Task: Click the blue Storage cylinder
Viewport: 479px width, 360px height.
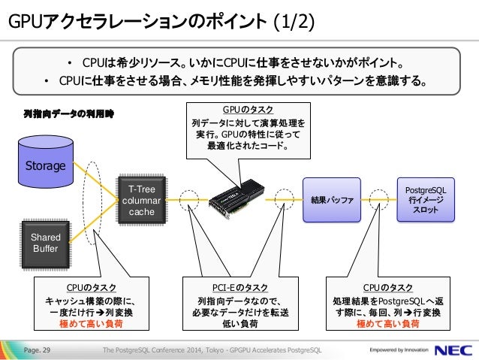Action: tap(46, 162)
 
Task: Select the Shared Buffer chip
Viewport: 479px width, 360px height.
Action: tap(46, 244)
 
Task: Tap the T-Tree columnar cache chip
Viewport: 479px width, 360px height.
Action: tap(141, 201)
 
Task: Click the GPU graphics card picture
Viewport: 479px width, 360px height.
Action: tap(236, 198)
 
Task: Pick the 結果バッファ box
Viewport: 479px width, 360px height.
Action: tap(332, 200)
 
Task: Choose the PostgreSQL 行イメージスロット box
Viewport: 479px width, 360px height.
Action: tap(426, 200)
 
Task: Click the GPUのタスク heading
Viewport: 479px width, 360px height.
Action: tap(248, 110)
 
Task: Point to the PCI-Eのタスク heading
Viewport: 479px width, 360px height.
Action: tap(240, 288)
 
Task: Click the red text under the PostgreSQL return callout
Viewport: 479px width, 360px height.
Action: tap(388, 324)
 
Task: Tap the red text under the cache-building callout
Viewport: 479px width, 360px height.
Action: tap(91, 324)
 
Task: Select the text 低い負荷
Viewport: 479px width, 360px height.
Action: tap(240, 324)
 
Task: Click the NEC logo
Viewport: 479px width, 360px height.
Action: tap(453, 350)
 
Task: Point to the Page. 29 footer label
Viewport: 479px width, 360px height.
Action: tap(37, 350)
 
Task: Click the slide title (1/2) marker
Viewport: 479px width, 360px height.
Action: tap(294, 22)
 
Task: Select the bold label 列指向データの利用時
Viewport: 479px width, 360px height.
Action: tap(69, 114)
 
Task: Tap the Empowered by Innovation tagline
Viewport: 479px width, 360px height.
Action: tap(399, 350)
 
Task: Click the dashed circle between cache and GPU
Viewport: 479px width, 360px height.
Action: tap(188, 191)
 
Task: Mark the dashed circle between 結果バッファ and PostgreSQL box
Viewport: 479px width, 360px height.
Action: tap(379, 190)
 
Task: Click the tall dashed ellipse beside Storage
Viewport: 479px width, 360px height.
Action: tap(83, 204)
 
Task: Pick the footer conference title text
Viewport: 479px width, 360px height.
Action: tap(212, 350)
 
